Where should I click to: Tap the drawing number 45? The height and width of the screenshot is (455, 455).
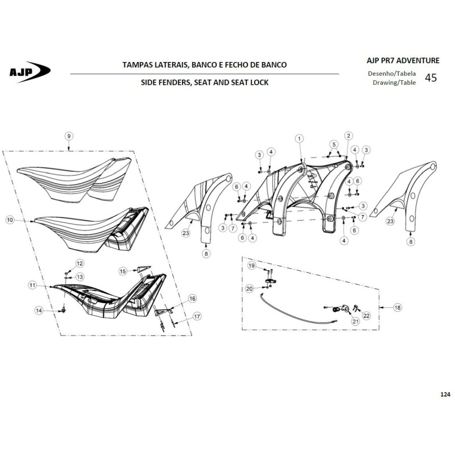pyautogui.click(x=431, y=78)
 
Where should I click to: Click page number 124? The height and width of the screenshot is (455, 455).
pyautogui.click(x=445, y=394)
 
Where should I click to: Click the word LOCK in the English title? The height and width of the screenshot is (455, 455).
pyautogui.click(x=259, y=82)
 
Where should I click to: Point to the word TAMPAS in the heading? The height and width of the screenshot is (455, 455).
pyautogui.click(x=136, y=65)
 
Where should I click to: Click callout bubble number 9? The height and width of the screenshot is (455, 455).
pyautogui.click(x=69, y=136)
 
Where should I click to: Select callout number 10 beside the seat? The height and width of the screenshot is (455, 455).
pyautogui.click(x=10, y=220)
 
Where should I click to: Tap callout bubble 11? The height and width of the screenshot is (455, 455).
pyautogui.click(x=32, y=286)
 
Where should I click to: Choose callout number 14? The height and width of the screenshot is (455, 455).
pyautogui.click(x=39, y=311)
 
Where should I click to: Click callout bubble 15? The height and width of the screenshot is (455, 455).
pyautogui.click(x=123, y=271)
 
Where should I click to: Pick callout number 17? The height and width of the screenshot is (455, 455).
pyautogui.click(x=197, y=316)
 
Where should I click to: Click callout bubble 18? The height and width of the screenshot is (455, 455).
pyautogui.click(x=397, y=307)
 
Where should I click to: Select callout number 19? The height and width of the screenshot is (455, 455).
pyautogui.click(x=251, y=266)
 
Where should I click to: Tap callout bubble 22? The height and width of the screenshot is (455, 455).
pyautogui.click(x=366, y=316)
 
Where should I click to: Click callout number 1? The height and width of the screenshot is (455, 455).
pyautogui.click(x=299, y=139)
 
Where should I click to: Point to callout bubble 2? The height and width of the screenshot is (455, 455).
pyautogui.click(x=348, y=136)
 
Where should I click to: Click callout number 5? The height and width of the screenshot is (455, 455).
pyautogui.click(x=334, y=144)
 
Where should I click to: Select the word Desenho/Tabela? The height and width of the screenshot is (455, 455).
pyautogui.click(x=392, y=74)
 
